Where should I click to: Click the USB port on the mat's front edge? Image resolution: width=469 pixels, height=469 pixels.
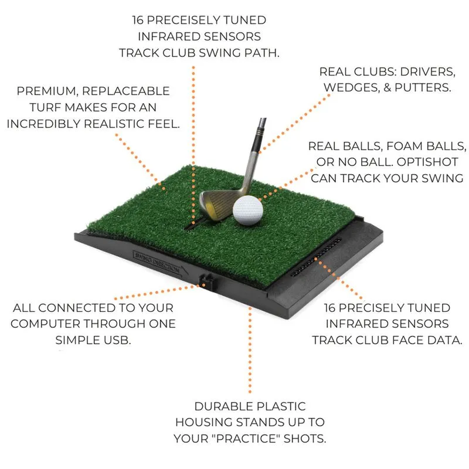pyautogui.click(x=205, y=281)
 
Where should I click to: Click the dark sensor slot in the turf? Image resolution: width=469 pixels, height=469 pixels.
pyautogui.click(x=191, y=224)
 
